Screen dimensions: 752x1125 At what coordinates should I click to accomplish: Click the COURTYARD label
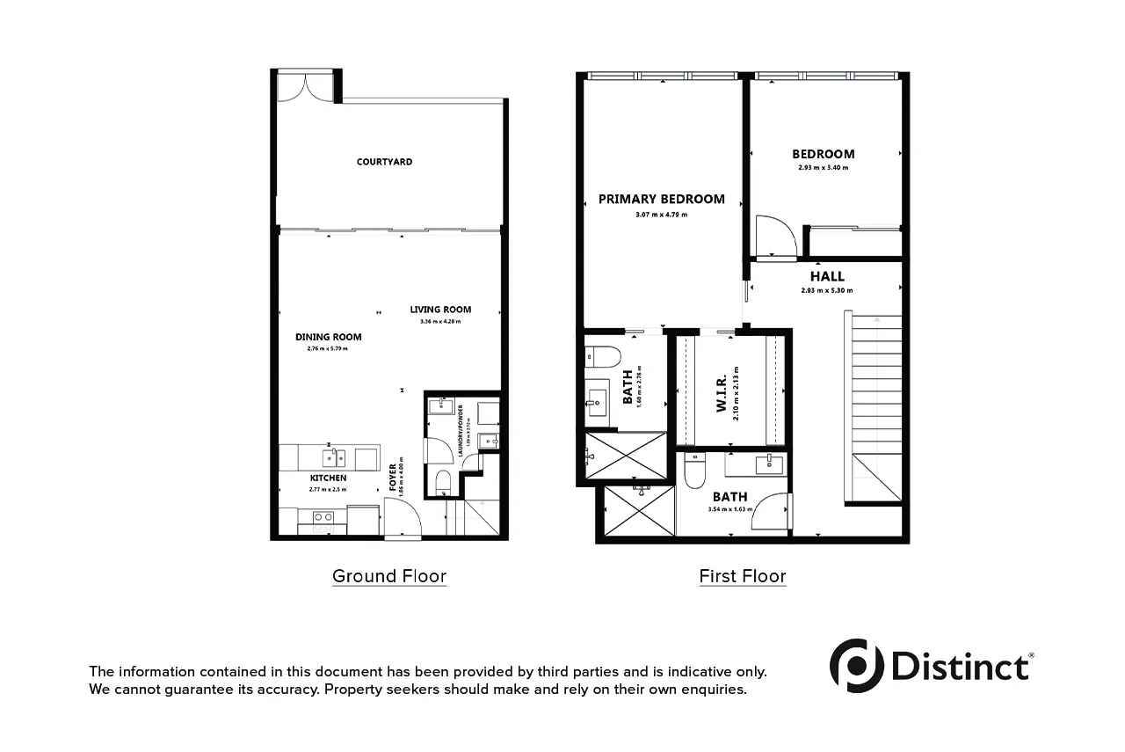pyautogui.click(x=384, y=162)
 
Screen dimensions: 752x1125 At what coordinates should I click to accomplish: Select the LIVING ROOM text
pyautogui.click(x=440, y=310)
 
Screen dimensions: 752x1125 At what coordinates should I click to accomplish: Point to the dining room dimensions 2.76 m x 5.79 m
pyautogui.click(x=322, y=348)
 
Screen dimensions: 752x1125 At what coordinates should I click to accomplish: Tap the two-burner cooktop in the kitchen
pyautogui.click(x=323, y=517)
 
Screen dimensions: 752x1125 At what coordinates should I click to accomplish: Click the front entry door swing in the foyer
pyautogui.click(x=403, y=520)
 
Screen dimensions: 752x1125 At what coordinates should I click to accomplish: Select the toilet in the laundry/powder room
pyautogui.click(x=443, y=481)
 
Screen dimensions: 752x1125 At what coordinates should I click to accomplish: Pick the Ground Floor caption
pyautogui.click(x=389, y=577)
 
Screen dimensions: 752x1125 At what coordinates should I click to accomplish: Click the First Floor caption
pyautogui.click(x=743, y=577)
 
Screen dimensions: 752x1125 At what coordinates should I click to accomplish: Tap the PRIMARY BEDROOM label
pyautogui.click(x=662, y=199)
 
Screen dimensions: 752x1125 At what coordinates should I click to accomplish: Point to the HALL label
pyautogui.click(x=827, y=276)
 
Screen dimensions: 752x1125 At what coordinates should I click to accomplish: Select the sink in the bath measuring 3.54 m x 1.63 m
pyautogui.click(x=770, y=463)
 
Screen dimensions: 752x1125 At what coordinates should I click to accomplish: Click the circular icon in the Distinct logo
pyautogui.click(x=856, y=665)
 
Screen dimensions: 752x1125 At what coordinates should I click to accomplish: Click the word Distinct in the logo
pyautogui.click(x=961, y=666)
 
